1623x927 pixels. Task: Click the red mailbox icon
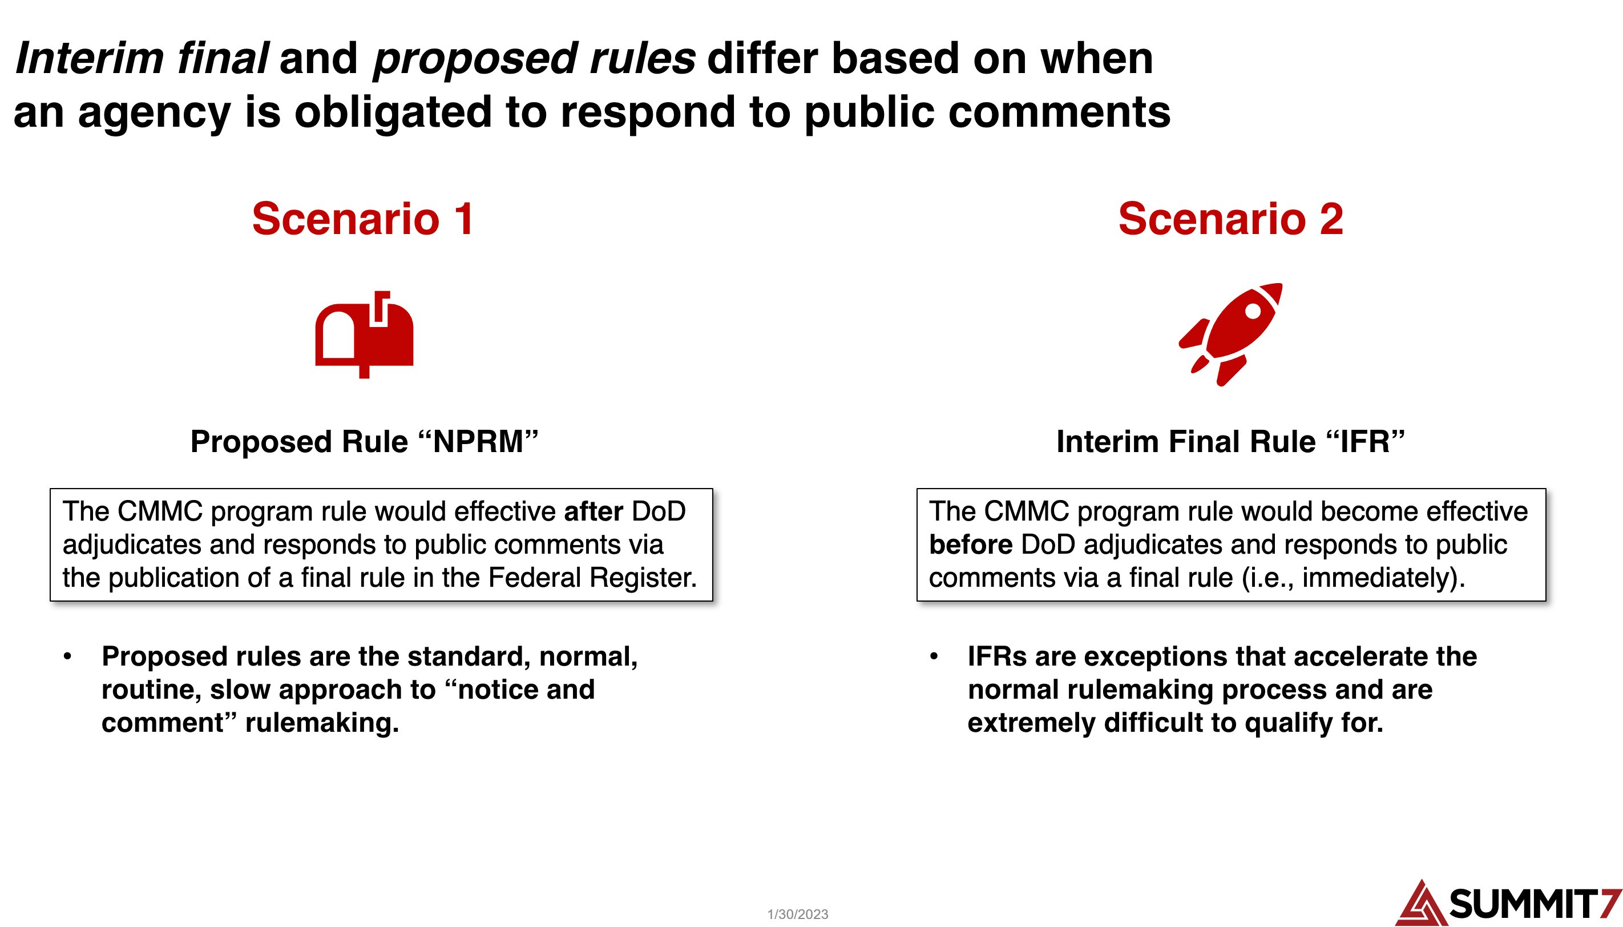click(364, 334)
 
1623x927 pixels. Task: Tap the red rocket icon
click(1230, 334)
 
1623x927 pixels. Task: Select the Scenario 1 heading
click(364, 219)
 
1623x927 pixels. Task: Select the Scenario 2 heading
click(1230, 219)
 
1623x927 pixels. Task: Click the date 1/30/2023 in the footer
click(797, 914)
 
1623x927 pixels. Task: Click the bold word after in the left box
click(593, 511)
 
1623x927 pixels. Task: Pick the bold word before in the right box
click(971, 545)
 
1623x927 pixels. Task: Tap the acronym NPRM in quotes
click(479, 441)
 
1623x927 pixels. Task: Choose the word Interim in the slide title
click(90, 58)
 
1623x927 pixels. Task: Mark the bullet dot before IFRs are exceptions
click(934, 656)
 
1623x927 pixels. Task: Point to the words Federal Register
click(592, 578)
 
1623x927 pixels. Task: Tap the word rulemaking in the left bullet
click(321, 723)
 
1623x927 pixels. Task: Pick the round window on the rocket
click(1253, 311)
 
